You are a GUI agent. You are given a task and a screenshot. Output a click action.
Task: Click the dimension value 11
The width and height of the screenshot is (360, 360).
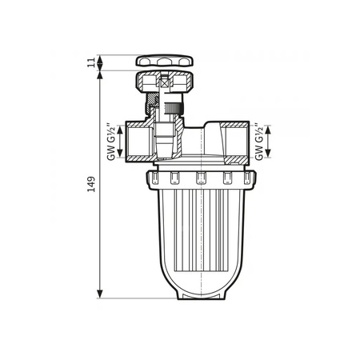(93, 62)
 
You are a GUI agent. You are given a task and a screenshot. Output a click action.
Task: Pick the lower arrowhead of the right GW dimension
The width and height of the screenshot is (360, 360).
(266, 158)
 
